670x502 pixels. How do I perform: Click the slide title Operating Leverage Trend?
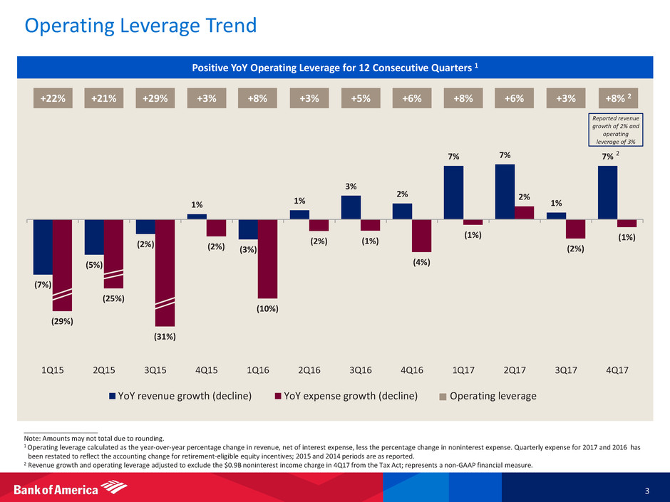point(140,27)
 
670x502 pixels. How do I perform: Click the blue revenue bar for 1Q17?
point(453,192)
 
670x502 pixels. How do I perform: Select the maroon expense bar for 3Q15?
point(165,272)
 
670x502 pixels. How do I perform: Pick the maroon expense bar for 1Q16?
point(267,258)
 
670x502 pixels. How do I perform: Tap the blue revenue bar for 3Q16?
point(351,207)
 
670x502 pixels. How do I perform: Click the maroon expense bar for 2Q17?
point(524,212)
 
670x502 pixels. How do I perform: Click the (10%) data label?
point(268,308)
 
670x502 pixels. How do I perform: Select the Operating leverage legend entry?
point(488,396)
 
